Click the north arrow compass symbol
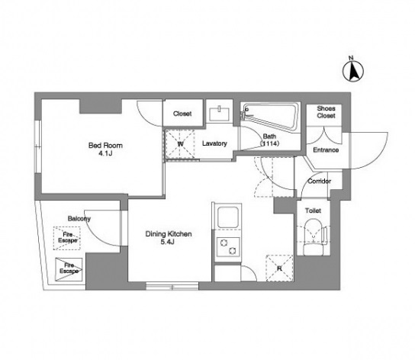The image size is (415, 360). point(353,69)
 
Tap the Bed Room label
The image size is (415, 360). point(105,146)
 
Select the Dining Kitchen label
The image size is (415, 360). point(169,234)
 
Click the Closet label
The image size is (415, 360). point(182,114)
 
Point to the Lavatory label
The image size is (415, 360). point(214,143)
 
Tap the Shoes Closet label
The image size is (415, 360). point(326,112)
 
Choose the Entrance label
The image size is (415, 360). point(326,150)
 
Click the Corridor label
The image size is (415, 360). point(319,182)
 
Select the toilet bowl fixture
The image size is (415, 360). point(314,237)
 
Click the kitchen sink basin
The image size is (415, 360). point(227,217)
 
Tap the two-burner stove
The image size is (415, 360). point(228,246)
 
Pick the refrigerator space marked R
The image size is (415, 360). point(279,268)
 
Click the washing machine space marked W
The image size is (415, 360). point(180,144)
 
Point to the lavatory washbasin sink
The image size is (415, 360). point(220,114)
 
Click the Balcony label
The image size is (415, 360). point(79,219)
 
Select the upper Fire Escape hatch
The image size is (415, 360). point(67,238)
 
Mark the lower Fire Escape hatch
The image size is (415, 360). point(69,269)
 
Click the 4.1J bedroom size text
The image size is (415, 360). point(105,153)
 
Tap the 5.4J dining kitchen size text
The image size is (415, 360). point(168,242)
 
